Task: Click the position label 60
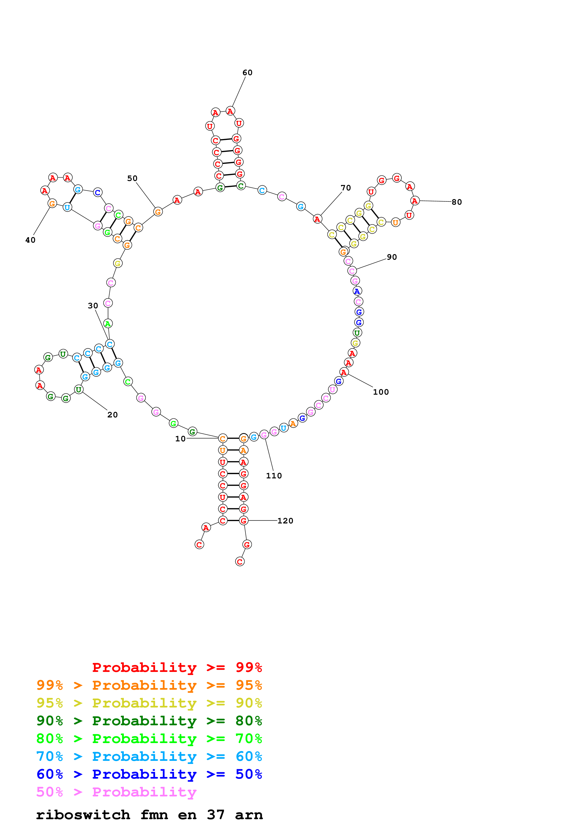[247, 73]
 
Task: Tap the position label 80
[457, 202]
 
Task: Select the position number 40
[30, 240]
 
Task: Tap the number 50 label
[132, 179]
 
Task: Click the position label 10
[181, 439]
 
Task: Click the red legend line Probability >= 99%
[177, 667]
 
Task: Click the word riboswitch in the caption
[83, 815]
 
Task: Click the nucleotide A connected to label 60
[230, 111]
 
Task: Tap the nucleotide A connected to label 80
[415, 200]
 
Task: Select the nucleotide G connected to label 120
[243, 521]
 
